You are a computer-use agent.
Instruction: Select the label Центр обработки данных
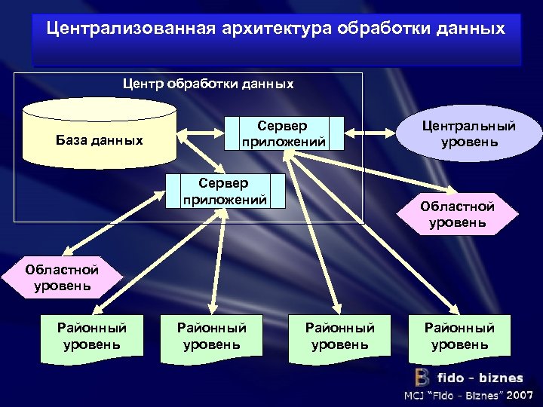(x=208, y=84)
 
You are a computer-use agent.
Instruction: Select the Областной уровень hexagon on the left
(x=61, y=277)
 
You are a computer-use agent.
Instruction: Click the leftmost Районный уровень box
(x=91, y=336)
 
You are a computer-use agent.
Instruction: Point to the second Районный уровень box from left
(x=211, y=336)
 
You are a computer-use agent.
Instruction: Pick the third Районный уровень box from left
(x=339, y=336)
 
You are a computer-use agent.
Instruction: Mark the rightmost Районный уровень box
(x=459, y=336)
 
